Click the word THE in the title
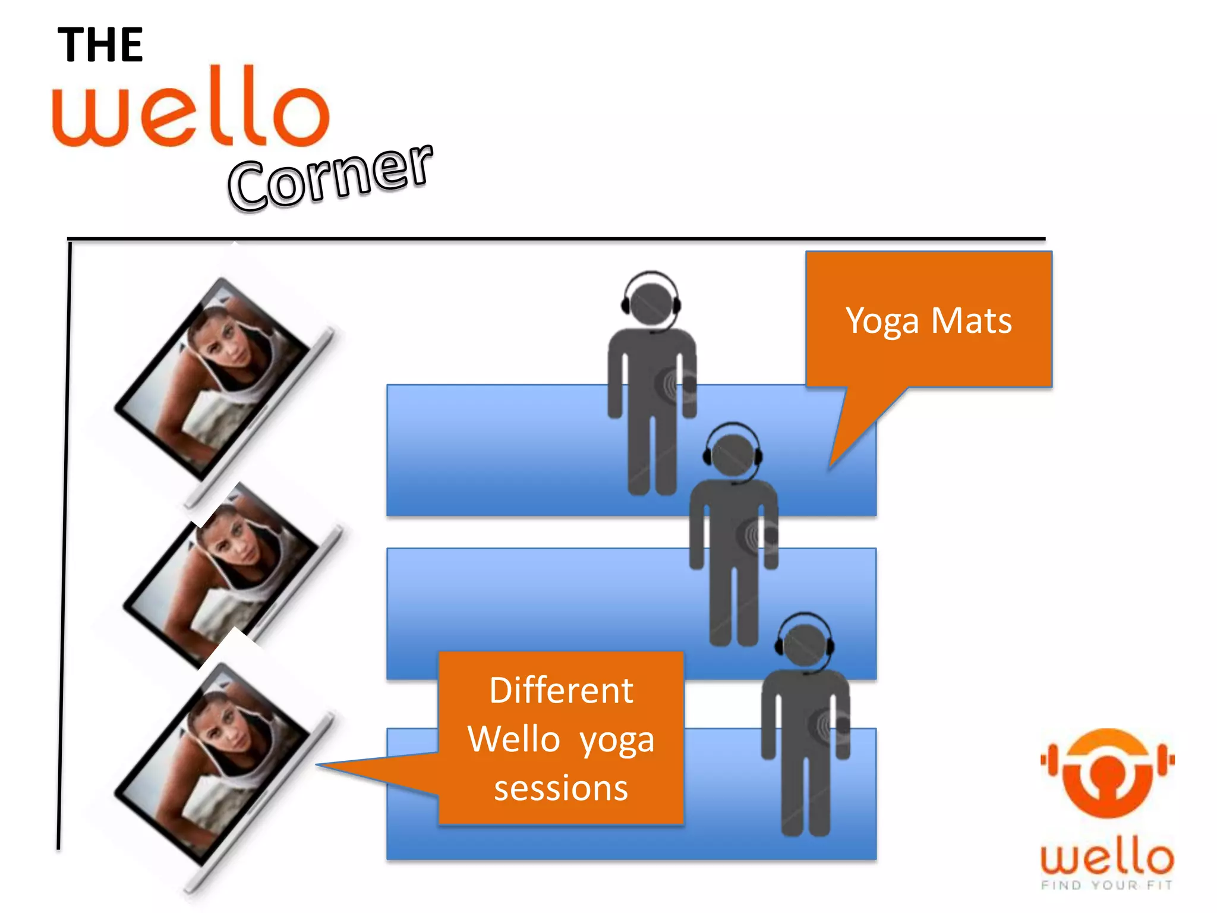coord(100,45)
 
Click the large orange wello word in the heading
coord(191,108)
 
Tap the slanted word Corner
coord(330,177)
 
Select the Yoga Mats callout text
coord(928,321)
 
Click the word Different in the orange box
coord(561,691)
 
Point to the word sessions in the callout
coord(561,788)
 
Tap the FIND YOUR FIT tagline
coord(1107,885)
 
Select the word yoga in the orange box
coord(617,741)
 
